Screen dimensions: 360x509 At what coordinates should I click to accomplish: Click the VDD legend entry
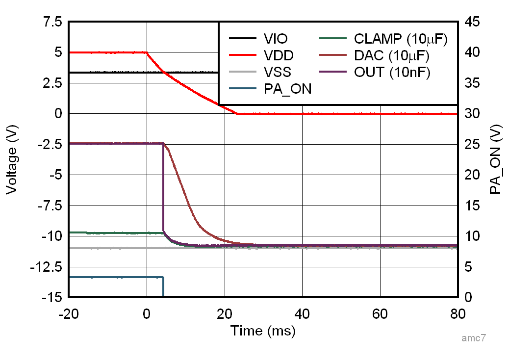click(x=278, y=55)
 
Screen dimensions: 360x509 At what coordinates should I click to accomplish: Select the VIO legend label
click(x=276, y=39)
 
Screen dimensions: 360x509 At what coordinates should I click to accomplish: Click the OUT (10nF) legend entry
click(x=392, y=72)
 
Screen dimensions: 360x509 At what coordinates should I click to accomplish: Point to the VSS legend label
click(x=277, y=72)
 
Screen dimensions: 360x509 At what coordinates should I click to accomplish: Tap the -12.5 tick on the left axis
click(x=47, y=267)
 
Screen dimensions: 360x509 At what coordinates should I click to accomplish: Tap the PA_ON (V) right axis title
click(x=497, y=159)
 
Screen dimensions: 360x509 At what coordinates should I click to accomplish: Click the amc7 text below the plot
click(x=474, y=338)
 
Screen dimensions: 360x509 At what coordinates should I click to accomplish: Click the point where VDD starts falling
click(x=146, y=52)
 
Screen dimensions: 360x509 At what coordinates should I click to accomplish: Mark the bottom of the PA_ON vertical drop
click(x=163, y=296)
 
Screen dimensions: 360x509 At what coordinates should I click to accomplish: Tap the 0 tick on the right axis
click(x=469, y=297)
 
